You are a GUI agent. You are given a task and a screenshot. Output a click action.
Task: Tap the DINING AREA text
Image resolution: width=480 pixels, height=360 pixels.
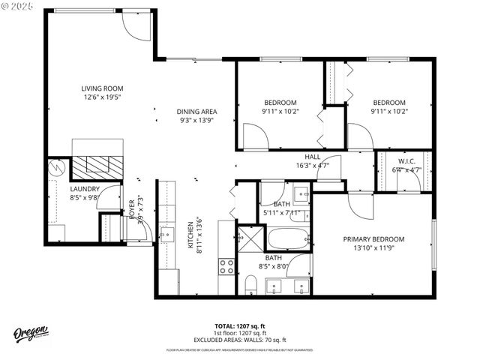[196, 111]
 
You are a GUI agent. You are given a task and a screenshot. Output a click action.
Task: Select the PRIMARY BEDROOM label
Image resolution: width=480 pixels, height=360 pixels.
[373, 239]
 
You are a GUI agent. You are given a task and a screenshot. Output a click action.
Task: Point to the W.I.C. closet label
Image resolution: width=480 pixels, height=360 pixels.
[407, 161]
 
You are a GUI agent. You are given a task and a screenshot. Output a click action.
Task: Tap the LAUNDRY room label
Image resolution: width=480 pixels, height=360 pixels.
[85, 190]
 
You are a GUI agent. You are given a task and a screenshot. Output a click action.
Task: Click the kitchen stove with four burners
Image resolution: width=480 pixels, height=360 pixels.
[226, 266]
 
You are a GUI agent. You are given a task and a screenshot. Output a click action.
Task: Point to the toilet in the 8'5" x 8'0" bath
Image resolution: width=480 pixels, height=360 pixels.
[251, 285]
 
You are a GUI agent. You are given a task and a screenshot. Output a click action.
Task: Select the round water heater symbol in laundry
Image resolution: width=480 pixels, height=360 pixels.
[55, 169]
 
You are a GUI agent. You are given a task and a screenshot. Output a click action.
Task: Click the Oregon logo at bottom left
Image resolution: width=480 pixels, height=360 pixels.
[31, 334]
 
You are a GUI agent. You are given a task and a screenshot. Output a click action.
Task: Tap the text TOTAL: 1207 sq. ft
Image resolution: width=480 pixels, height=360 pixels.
[239, 326]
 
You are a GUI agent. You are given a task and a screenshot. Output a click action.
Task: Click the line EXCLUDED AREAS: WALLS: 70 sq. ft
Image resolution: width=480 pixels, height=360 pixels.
[239, 339]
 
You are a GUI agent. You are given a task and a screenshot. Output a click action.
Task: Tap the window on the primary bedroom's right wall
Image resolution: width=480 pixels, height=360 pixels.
[433, 244]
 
